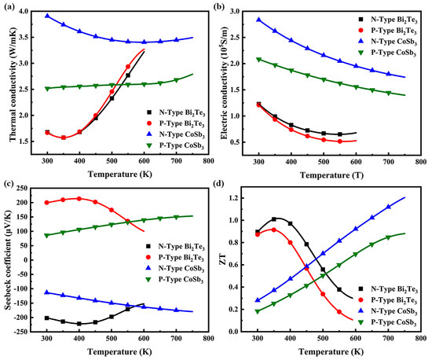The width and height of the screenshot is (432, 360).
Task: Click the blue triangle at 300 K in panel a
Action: click(x=47, y=16)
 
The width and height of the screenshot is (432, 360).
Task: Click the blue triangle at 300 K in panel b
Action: click(x=258, y=20)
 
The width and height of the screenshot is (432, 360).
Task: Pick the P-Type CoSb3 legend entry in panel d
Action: click(x=383, y=324)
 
